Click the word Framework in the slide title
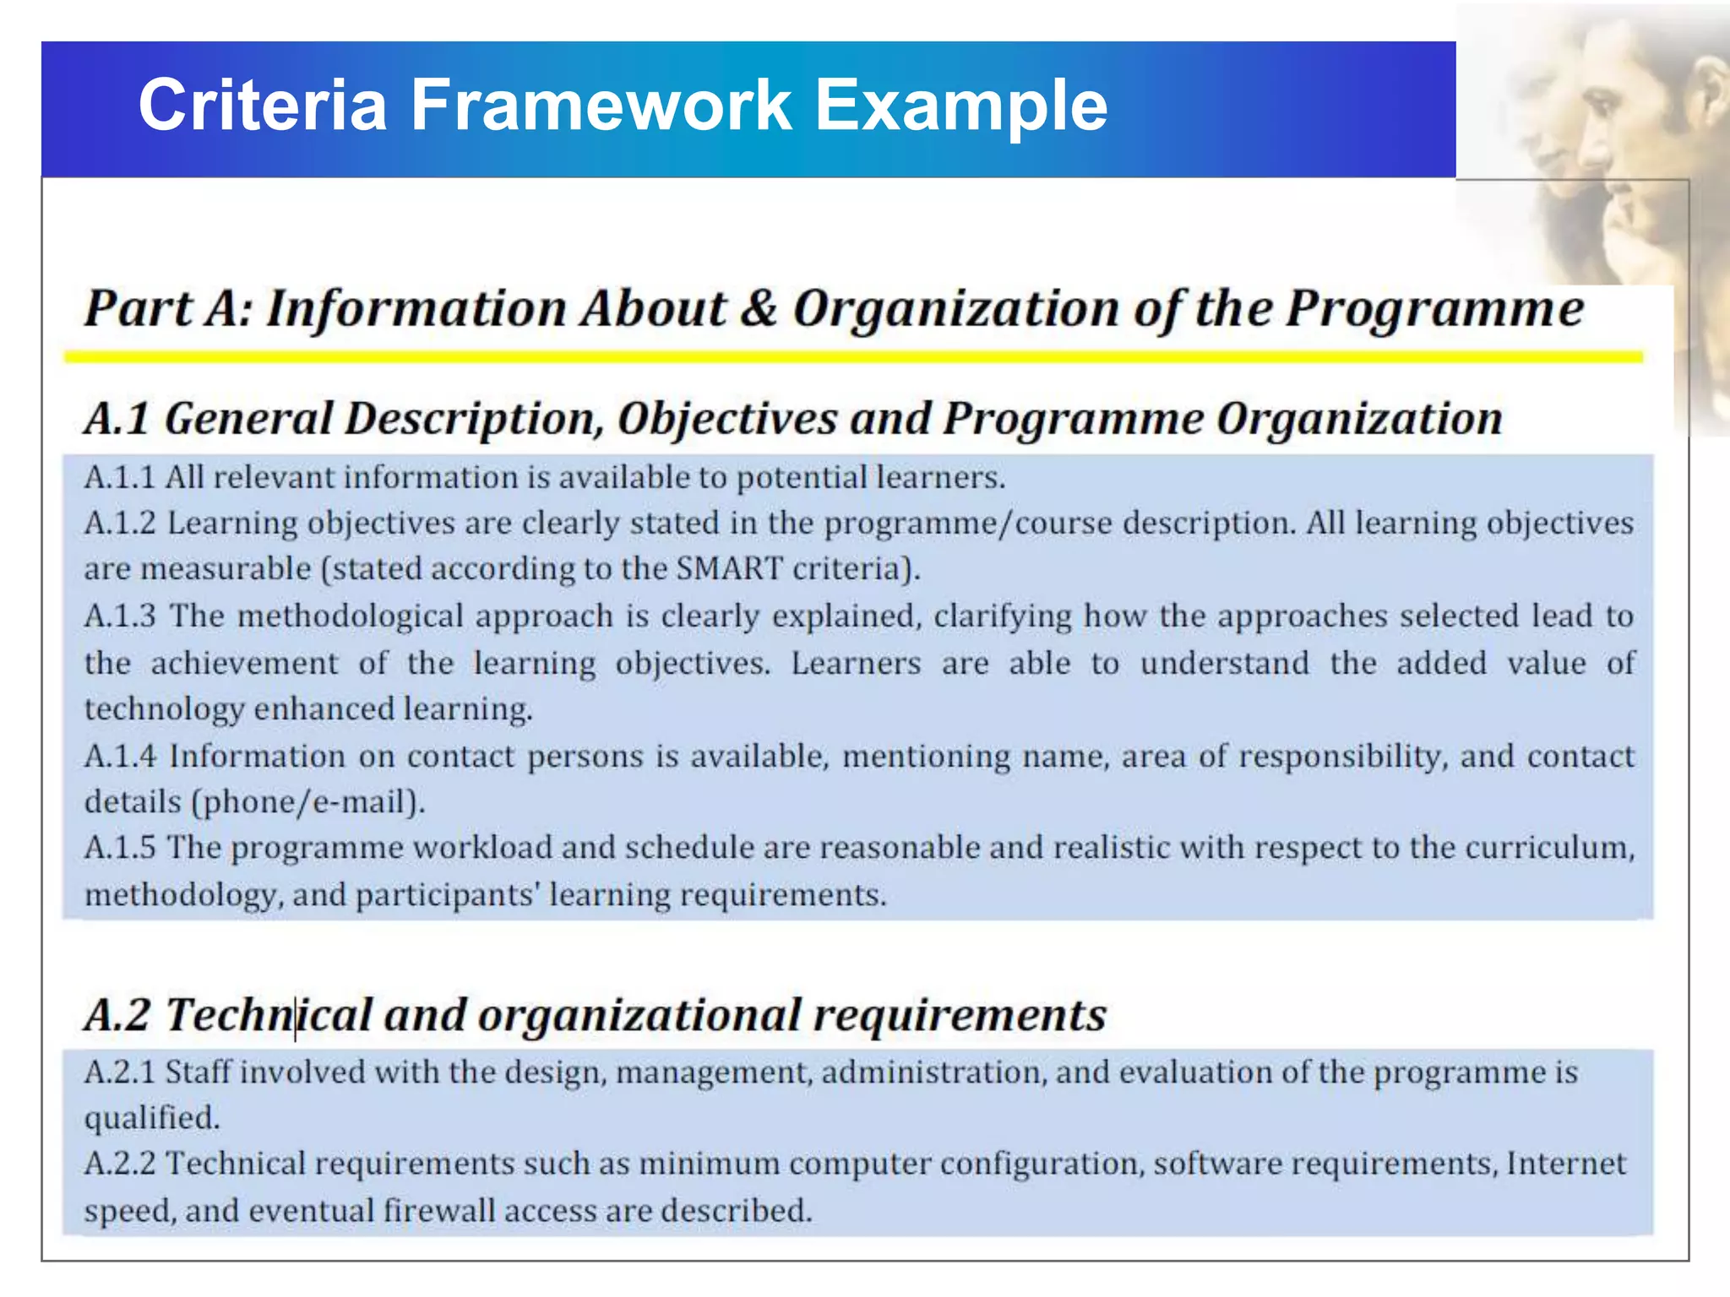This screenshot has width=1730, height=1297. pos(601,105)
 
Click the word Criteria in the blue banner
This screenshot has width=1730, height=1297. pos(262,105)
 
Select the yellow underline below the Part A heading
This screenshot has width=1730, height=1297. pos(853,357)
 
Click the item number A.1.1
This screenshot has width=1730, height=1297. pos(119,478)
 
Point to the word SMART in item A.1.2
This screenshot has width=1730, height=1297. pos(729,568)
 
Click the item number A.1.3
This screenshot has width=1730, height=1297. pos(120,616)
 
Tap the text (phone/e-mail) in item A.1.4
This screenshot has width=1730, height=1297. pos(308,801)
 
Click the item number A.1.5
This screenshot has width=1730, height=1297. pos(120,848)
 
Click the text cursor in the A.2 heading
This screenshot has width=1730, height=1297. pos(296,1017)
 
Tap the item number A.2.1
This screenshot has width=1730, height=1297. pos(119,1072)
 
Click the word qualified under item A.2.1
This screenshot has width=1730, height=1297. pos(151,1119)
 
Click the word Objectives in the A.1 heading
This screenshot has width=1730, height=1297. pos(726,419)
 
